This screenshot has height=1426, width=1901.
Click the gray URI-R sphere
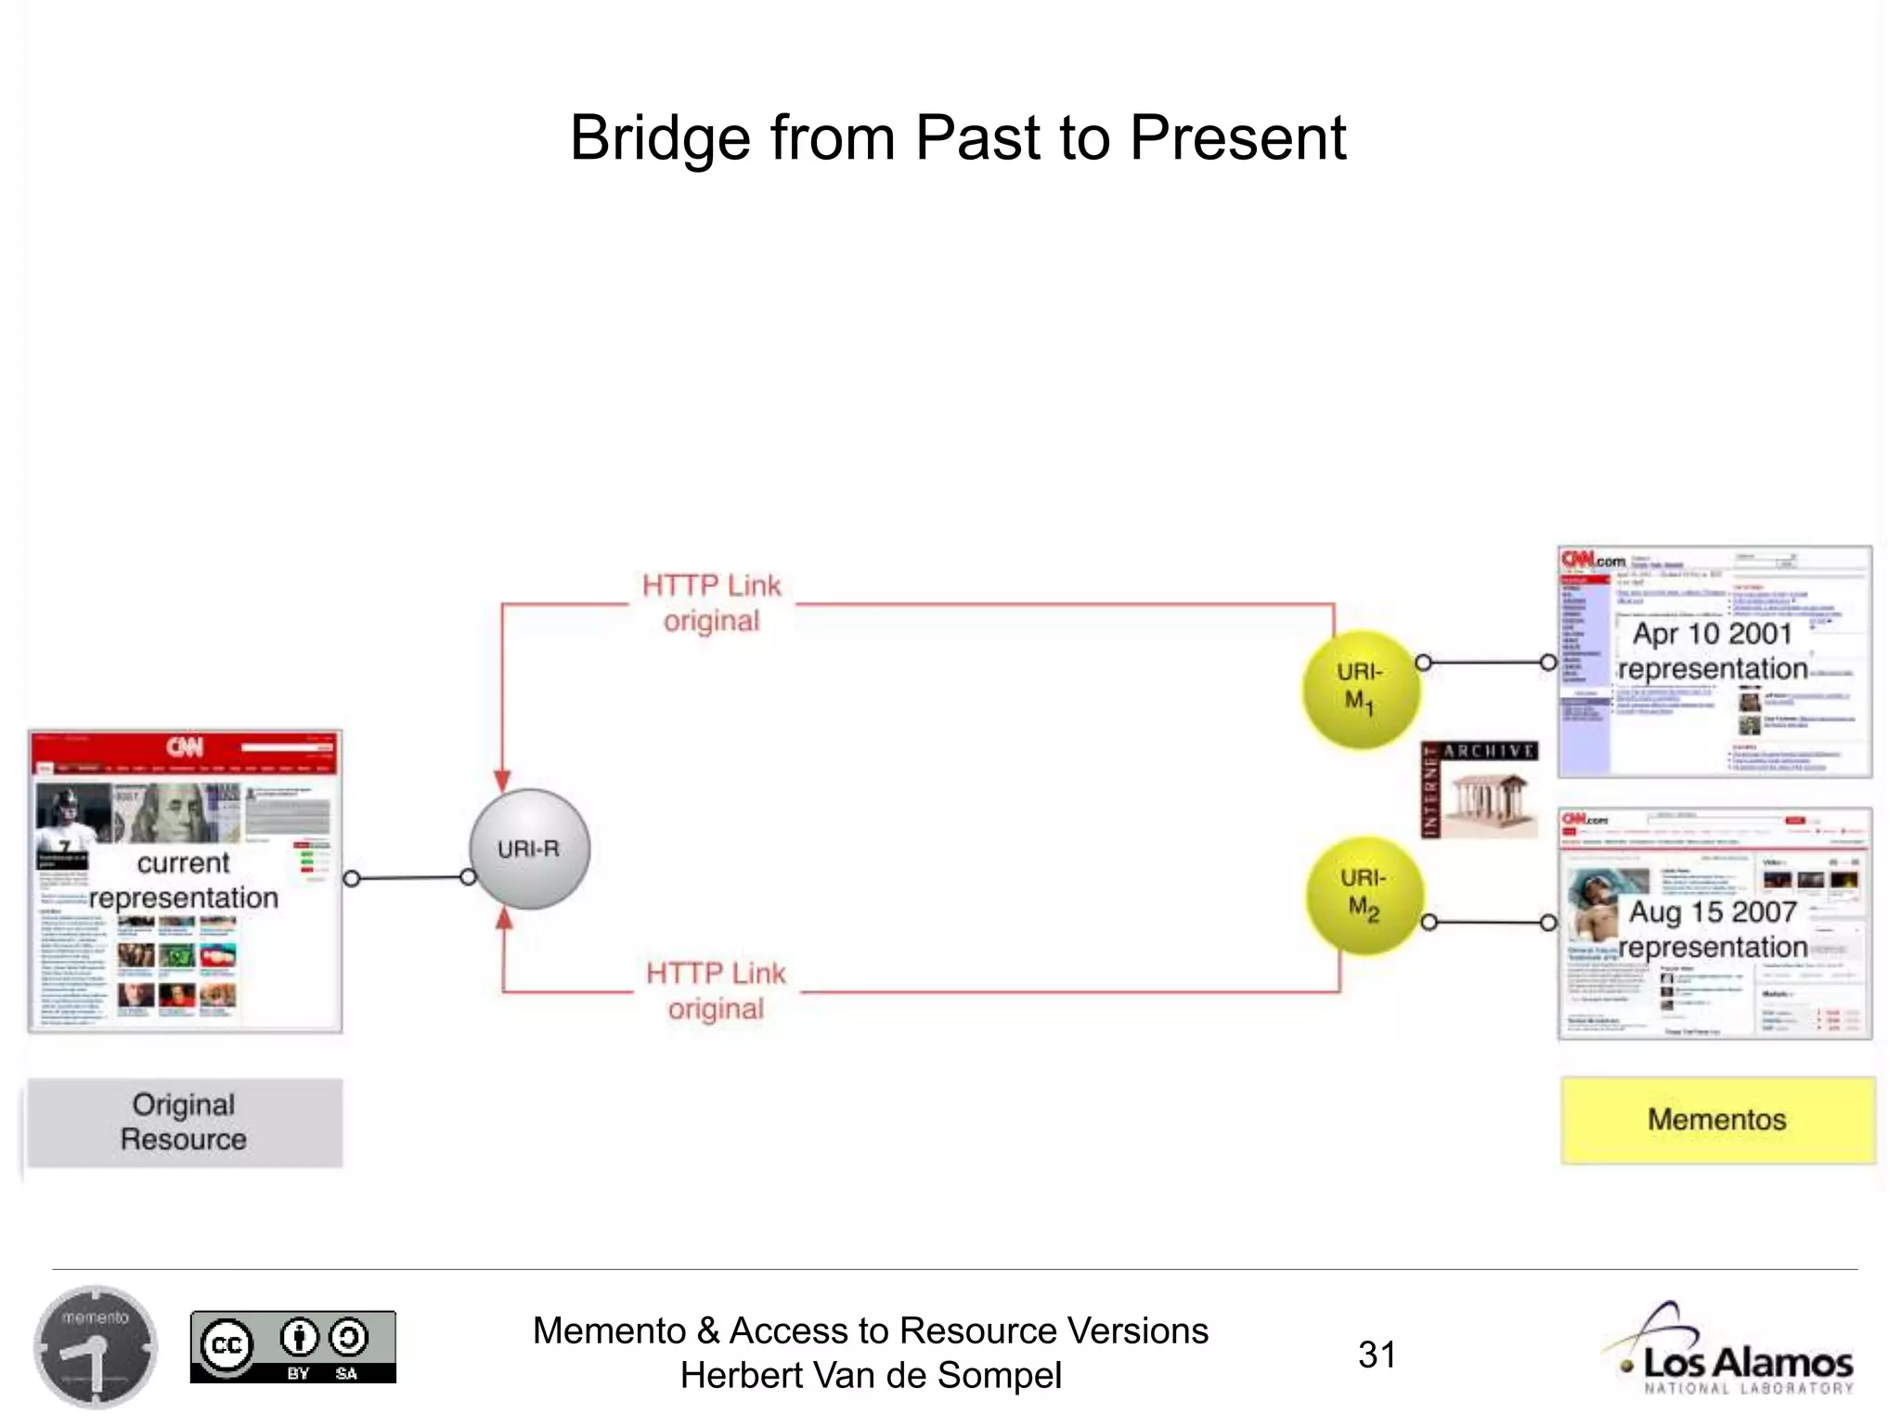click(529, 849)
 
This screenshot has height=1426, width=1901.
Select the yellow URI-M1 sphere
click(1361, 689)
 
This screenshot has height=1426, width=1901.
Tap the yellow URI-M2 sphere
click(1364, 895)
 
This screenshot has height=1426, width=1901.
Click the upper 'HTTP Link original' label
click(712, 603)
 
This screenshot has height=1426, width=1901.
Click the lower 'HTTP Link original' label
click(716, 991)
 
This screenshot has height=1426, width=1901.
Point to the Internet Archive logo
click(1479, 790)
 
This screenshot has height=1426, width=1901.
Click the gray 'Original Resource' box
click(185, 1122)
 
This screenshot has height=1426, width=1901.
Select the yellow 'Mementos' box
click(1717, 1120)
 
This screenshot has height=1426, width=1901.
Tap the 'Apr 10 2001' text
click(1713, 634)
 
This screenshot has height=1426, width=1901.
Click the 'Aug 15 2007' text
click(1713, 912)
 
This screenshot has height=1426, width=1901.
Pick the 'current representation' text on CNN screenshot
click(184, 880)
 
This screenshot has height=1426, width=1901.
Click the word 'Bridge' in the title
click(659, 138)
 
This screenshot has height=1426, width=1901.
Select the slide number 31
click(1377, 1355)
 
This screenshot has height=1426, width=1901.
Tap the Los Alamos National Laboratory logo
click(1731, 1351)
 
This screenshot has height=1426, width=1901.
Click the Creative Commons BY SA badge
click(292, 1347)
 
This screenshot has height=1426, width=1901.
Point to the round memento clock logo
click(96, 1347)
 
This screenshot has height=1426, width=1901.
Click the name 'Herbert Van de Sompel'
click(871, 1376)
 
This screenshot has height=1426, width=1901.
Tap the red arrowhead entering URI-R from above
click(502, 780)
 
